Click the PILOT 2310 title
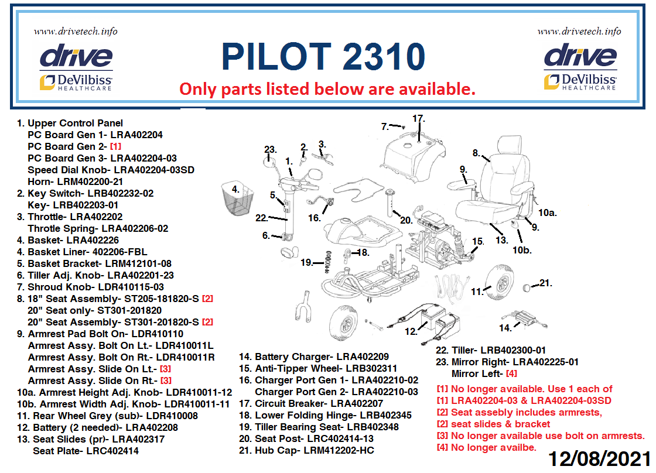(323, 56)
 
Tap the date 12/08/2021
(600, 459)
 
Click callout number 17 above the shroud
(418, 119)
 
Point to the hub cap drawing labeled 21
(527, 287)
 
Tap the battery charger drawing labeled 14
(525, 319)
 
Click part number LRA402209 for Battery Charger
(363, 357)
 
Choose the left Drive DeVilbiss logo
(76, 68)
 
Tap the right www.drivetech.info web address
(579, 32)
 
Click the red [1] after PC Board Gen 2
(115, 147)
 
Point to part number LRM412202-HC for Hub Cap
(339, 450)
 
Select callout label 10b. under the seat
(522, 250)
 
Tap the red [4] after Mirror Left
(511, 373)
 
